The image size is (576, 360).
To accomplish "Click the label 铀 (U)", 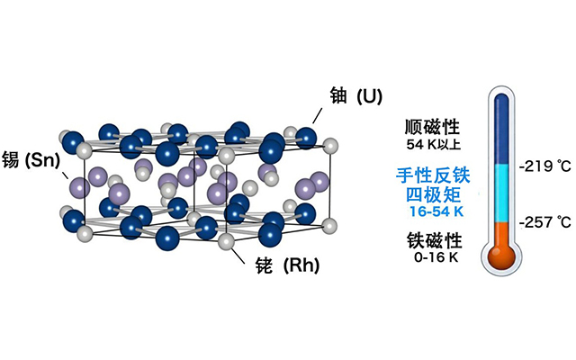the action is click(x=356, y=96).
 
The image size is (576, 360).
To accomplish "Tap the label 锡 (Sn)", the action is click(x=31, y=160).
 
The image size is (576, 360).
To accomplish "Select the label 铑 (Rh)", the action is click(x=287, y=265).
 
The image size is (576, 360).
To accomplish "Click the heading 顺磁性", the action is click(x=432, y=127).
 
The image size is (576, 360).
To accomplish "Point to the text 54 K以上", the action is click(x=434, y=144).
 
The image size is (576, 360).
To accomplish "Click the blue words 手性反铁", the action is click(x=433, y=175).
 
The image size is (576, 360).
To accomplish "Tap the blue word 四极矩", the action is click(x=433, y=194).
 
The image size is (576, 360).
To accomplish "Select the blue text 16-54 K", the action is click(x=436, y=211).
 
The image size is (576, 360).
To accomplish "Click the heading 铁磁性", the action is click(x=434, y=240).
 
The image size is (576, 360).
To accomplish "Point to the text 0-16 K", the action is click(x=436, y=257).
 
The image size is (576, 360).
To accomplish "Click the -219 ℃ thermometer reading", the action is click(x=545, y=166).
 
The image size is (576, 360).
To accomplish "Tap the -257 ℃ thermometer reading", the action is click(x=545, y=222).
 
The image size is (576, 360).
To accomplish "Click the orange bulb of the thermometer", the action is click(x=502, y=256).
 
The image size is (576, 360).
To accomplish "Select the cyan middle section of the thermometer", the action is click(x=502, y=193).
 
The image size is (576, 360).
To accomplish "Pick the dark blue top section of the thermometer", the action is click(x=502, y=129).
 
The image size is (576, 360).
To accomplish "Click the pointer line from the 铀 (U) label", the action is click(x=318, y=115).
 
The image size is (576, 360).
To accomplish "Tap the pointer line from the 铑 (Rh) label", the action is click(x=238, y=256).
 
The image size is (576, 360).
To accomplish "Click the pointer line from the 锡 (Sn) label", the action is click(x=65, y=175).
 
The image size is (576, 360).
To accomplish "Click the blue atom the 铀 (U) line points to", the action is click(x=306, y=138).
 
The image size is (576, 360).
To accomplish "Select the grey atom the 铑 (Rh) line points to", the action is click(x=226, y=242).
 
